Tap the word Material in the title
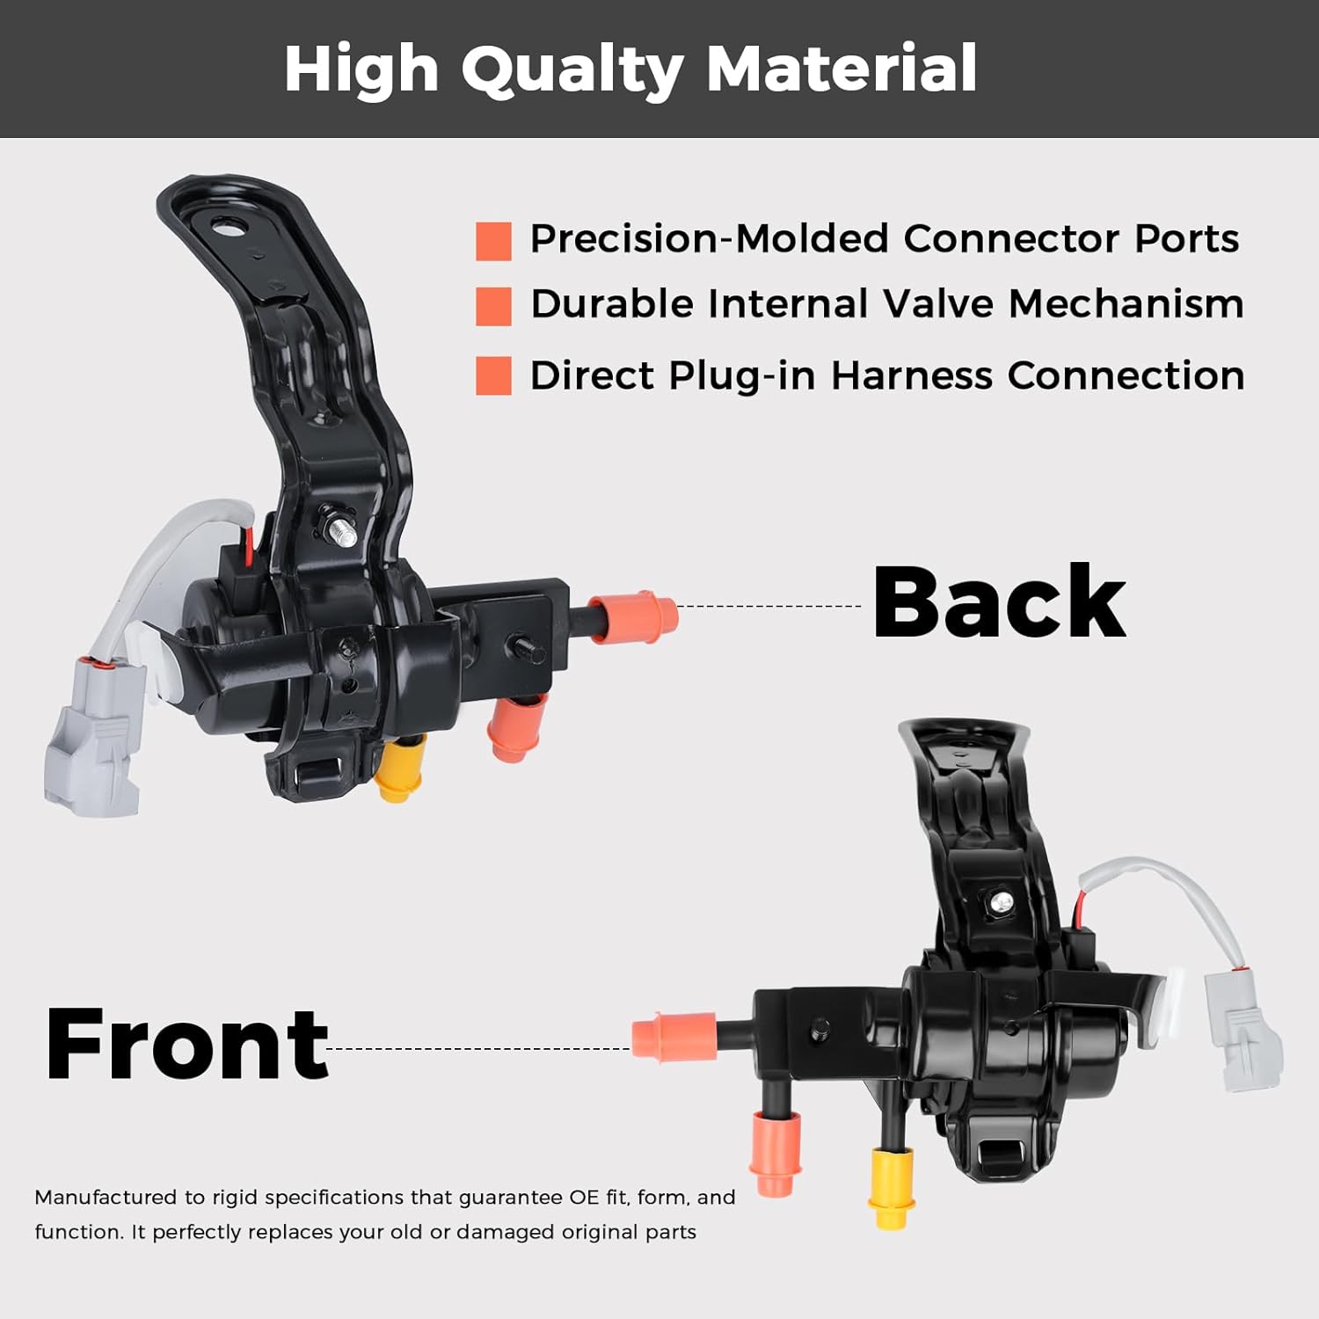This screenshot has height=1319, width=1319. coord(842,69)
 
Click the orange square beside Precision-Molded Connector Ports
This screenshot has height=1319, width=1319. coord(493,241)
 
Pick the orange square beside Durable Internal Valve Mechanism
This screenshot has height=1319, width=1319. coord(493,307)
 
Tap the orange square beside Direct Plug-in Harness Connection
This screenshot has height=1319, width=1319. coord(493,375)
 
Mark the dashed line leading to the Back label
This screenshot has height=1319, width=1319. coord(769,606)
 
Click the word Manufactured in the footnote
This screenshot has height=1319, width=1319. coord(106,1198)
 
